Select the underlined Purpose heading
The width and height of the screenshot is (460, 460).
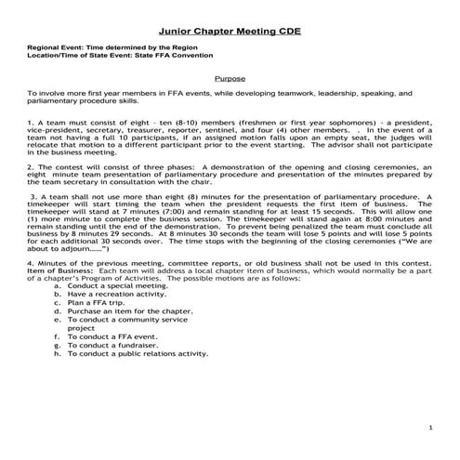pos(230,80)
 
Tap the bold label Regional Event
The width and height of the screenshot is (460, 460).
pos(58,46)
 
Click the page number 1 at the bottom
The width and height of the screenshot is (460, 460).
pos(431,427)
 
